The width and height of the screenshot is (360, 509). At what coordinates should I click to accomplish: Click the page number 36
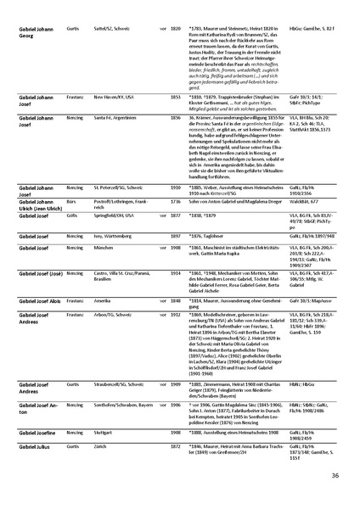click(x=335, y=476)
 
